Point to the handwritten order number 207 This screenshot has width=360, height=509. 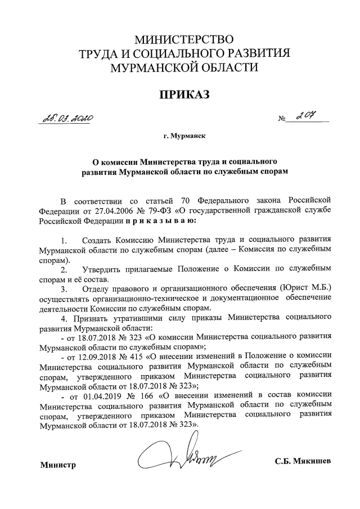307,117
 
